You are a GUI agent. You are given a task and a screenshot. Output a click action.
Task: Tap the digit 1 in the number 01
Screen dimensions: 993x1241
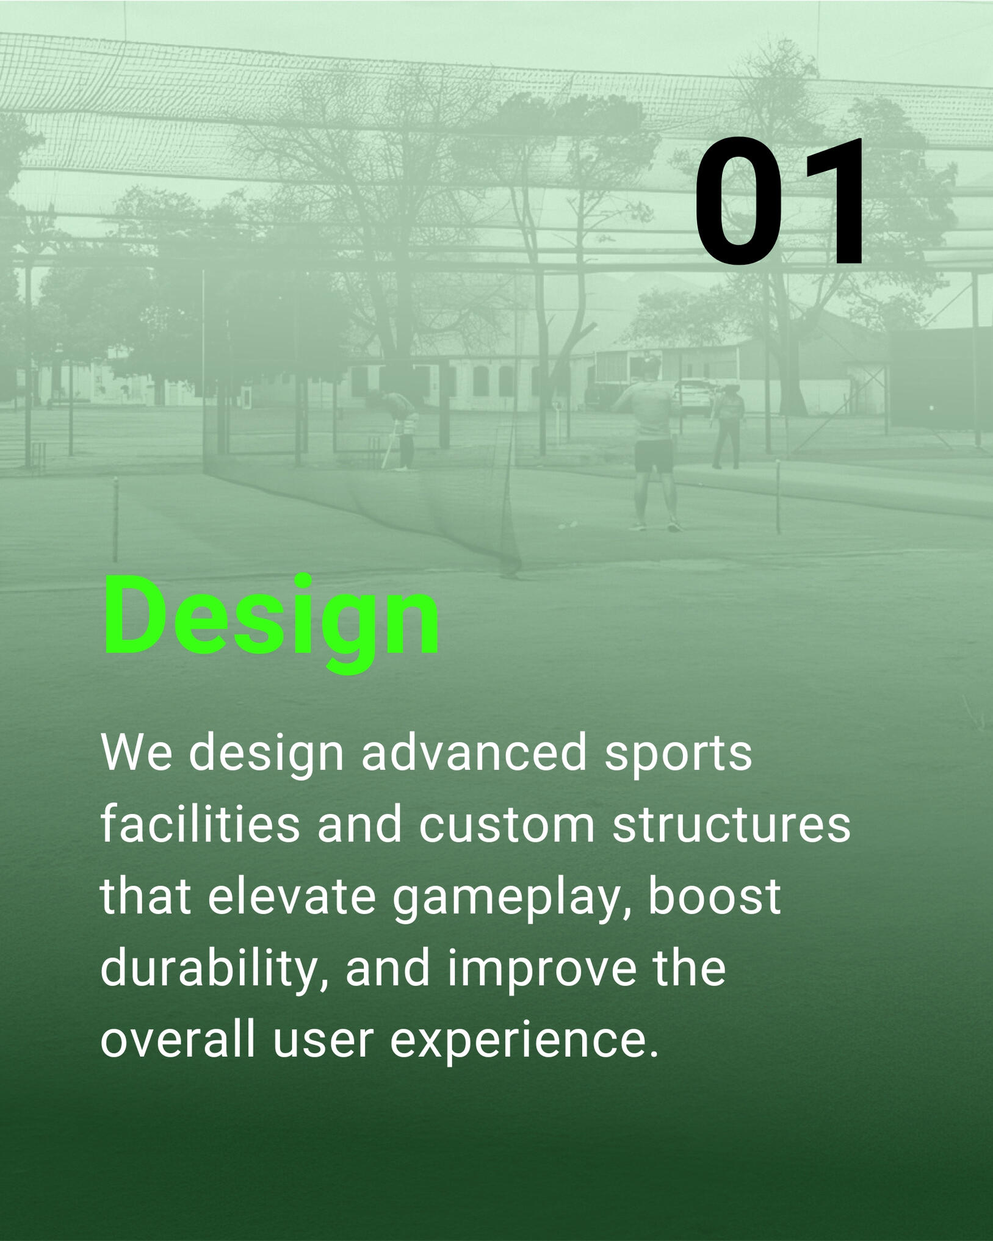830,201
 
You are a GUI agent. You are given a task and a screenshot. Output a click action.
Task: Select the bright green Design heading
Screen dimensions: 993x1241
271,621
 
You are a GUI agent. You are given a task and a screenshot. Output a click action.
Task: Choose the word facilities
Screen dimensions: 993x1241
200,824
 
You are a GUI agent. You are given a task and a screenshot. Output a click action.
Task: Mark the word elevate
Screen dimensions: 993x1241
292,897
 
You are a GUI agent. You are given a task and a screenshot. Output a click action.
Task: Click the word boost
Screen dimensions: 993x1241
714,897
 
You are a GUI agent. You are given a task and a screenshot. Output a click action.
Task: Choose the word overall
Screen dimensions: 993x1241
177,1040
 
